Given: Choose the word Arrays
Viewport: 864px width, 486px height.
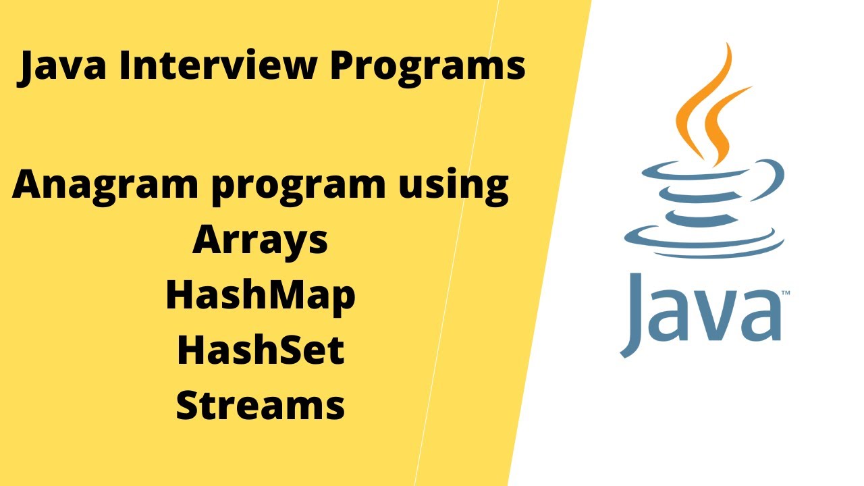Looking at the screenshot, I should [260, 241].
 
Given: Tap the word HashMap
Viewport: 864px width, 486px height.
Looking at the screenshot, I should [260, 296].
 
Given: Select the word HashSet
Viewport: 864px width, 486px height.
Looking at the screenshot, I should [261, 350].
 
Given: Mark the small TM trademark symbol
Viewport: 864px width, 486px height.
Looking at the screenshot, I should [786, 294].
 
